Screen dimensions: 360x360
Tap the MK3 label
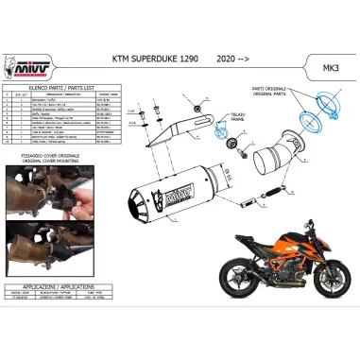point(333,70)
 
